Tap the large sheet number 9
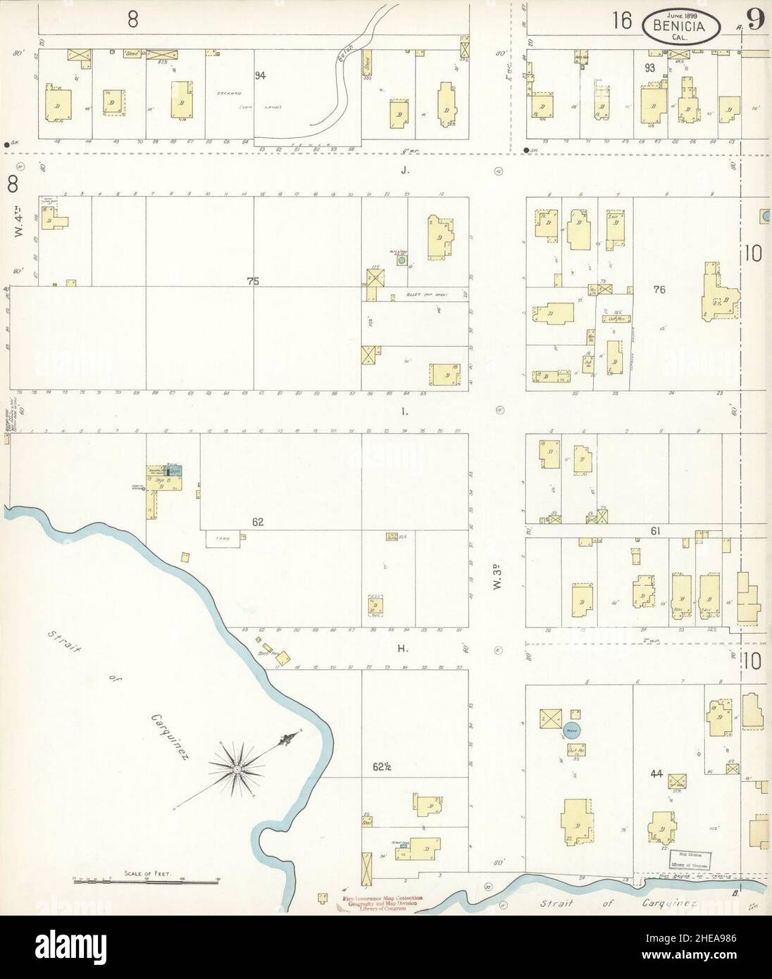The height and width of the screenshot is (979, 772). pyautogui.click(x=756, y=19)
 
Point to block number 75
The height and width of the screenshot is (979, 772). pyautogui.click(x=253, y=281)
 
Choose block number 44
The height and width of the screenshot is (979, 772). pyautogui.click(x=657, y=775)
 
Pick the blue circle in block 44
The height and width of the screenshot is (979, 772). pyautogui.click(x=571, y=730)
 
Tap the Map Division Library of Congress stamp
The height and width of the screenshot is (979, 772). pyautogui.click(x=690, y=859)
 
